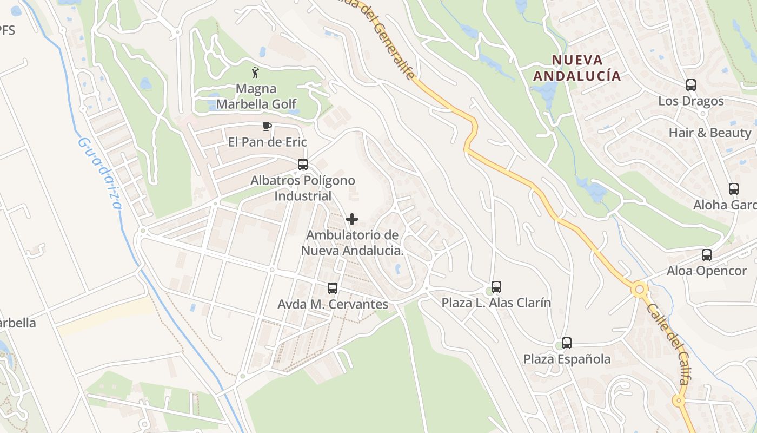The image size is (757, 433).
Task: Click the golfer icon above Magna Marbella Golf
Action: tap(255, 73)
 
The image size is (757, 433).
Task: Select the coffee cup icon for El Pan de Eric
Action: tap(266, 127)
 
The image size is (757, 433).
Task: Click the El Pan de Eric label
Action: tap(267, 142)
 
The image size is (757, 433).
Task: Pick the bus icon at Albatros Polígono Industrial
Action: tap(303, 165)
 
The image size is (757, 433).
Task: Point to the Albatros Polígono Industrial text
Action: tap(303, 188)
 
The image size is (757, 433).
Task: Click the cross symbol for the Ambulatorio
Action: tap(352, 219)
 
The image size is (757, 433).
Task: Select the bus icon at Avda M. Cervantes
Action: tap(333, 288)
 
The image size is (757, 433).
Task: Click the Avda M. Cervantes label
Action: tap(333, 304)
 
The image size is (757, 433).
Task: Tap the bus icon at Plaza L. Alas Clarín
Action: tap(496, 287)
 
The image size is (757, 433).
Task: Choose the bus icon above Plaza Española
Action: tap(566, 343)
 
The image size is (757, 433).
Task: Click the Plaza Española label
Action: tap(567, 359)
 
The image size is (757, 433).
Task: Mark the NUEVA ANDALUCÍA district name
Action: tap(577, 68)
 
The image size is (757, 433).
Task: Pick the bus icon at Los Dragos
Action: tap(690, 85)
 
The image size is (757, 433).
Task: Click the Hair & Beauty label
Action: tap(709, 133)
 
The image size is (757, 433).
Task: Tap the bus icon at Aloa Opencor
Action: tap(706, 255)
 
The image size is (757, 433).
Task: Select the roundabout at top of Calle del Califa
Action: tap(640, 290)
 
